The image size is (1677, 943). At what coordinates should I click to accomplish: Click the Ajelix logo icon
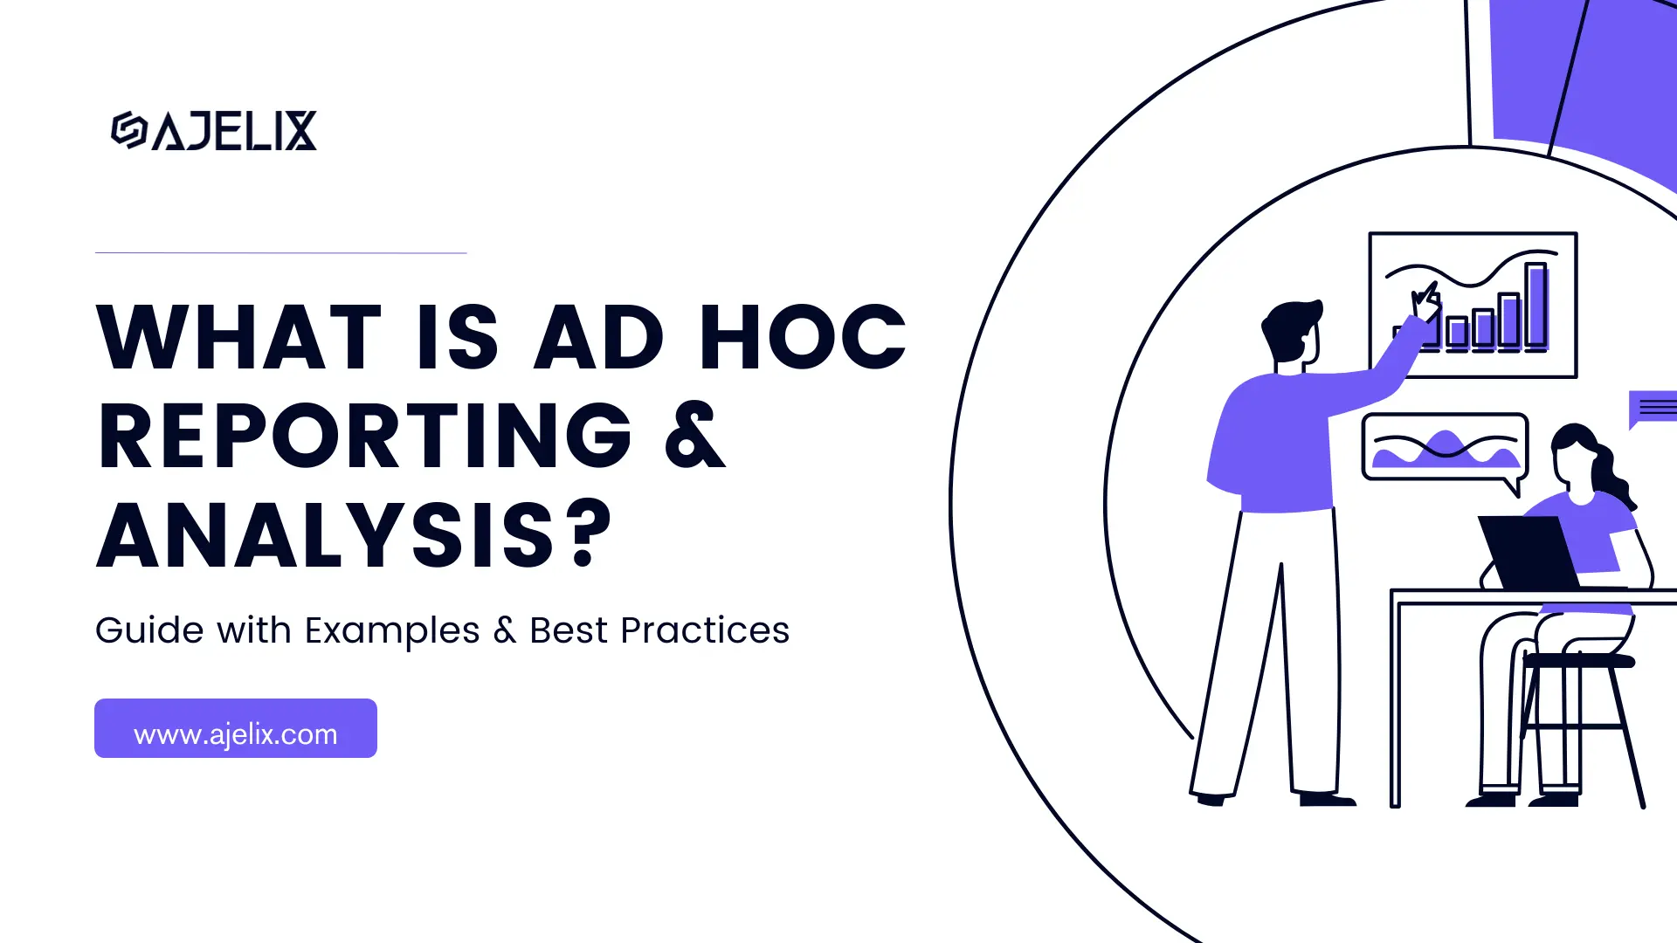tap(128, 130)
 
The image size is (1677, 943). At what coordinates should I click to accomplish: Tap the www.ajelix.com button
tap(236, 728)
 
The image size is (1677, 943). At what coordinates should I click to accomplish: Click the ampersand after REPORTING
tap(695, 436)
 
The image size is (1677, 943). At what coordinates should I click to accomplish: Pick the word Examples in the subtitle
tap(392, 630)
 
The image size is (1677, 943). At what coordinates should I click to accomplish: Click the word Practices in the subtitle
tap(705, 630)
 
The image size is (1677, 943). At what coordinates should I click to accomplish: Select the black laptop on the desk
tap(1528, 552)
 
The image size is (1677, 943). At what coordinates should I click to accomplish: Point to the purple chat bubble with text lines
tap(1654, 407)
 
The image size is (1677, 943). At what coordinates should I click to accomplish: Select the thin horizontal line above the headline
tap(280, 252)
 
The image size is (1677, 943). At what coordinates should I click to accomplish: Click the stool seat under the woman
tap(1578, 661)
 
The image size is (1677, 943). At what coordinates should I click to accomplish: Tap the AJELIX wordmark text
tap(234, 131)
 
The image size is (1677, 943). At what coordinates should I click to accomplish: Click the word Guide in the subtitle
tap(149, 630)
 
